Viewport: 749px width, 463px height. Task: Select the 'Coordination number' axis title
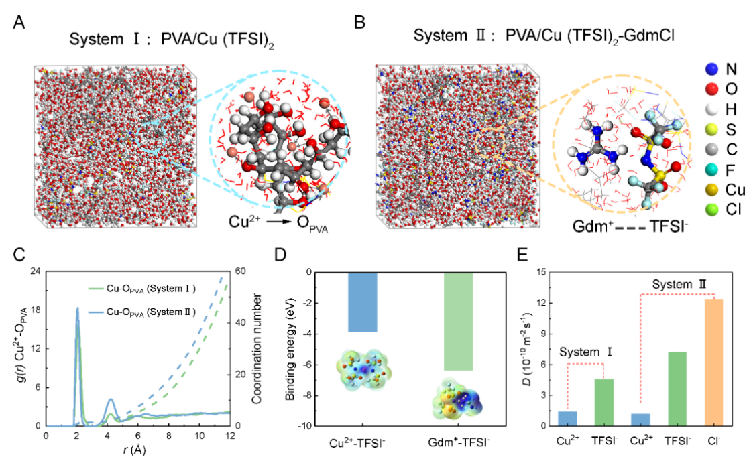[257, 348]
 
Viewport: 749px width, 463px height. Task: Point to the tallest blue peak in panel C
[77, 309]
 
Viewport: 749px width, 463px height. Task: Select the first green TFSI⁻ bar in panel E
[604, 402]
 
